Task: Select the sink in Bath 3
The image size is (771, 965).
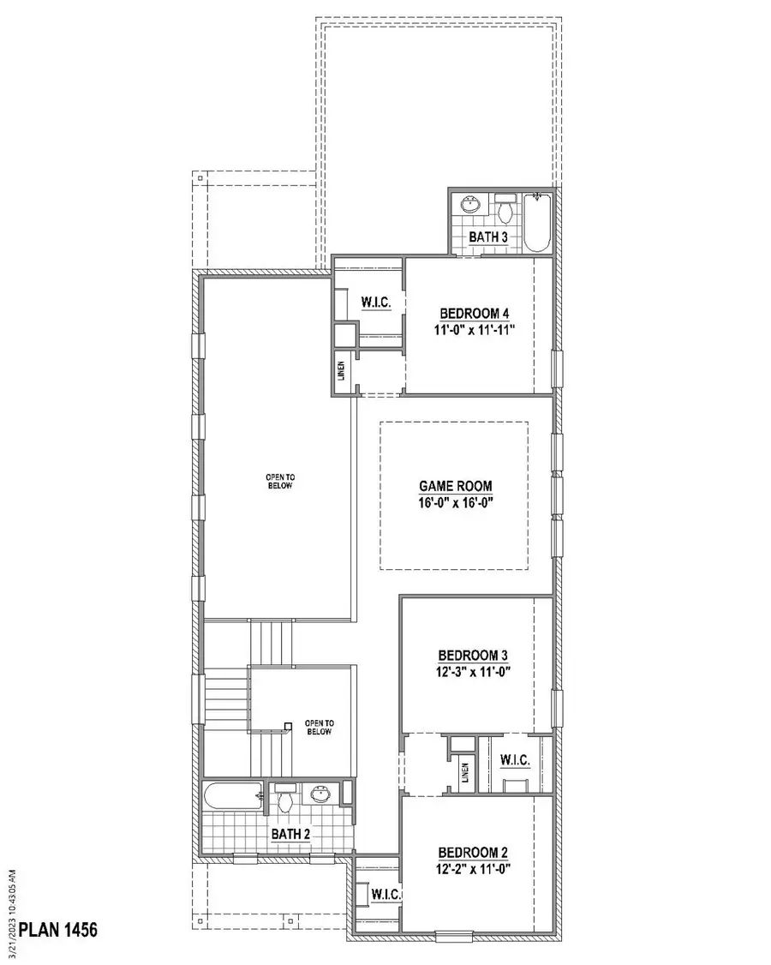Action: pyautogui.click(x=469, y=206)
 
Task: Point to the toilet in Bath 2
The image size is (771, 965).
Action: pyautogui.click(x=285, y=799)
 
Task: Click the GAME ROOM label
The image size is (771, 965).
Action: pyautogui.click(x=456, y=486)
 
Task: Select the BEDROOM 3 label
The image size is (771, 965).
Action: pyautogui.click(x=475, y=656)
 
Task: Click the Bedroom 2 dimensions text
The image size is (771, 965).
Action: pyautogui.click(x=473, y=869)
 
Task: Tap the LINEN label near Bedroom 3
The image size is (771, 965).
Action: pyautogui.click(x=465, y=774)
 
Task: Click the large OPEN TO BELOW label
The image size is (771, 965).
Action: pyautogui.click(x=281, y=481)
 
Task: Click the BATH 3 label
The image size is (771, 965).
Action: pyautogui.click(x=488, y=237)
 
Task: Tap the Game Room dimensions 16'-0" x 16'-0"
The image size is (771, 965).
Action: pyautogui.click(x=456, y=503)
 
